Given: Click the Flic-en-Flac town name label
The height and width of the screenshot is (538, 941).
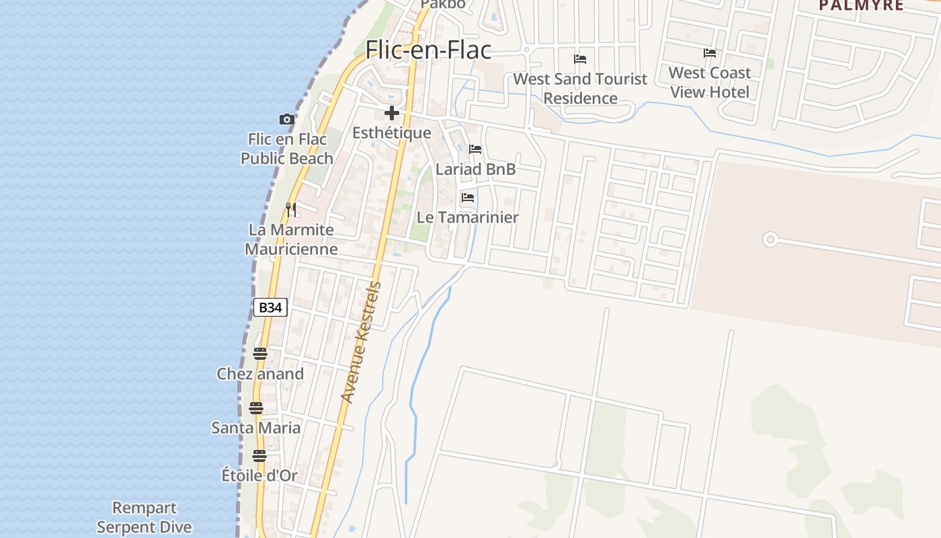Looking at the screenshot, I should pos(428,50).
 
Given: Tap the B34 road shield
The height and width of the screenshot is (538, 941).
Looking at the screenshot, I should pos(270,307).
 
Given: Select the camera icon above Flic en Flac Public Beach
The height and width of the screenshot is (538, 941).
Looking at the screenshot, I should pos(287,120).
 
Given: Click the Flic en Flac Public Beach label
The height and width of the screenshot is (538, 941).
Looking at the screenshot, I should pos(287,149).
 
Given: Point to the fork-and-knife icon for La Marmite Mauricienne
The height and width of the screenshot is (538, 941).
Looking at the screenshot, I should pos(291,209).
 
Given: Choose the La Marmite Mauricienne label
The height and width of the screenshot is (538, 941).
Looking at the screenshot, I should pos(291,239).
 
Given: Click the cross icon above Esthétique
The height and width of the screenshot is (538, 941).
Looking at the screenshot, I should pos(392,113).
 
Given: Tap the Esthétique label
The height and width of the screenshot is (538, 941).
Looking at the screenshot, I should pos(392,132).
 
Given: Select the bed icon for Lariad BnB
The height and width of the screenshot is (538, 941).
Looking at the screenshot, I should pos(475,149).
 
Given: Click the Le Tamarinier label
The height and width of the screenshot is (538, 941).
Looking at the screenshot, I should pos(468,217).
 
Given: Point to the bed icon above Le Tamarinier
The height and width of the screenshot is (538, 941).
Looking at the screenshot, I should pos(468,198).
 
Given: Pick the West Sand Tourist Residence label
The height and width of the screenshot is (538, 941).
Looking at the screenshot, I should pos(580,89).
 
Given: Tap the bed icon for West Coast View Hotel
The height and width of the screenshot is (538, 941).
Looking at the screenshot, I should pos(710,53).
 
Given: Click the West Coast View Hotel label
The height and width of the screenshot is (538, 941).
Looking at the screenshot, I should pos(710,82).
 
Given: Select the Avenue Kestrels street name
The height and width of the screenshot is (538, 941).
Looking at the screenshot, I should pos(361,343).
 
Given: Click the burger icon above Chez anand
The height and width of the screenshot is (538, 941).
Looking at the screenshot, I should pos(260,354).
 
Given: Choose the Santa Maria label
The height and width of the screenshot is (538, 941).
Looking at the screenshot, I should pos(256,428).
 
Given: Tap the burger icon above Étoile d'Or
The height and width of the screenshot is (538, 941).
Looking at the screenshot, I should pos(259,456).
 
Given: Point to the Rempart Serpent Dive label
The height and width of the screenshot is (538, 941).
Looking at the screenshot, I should pos(145,517).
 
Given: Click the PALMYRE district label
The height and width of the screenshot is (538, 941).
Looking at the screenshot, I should pos(860,5).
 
